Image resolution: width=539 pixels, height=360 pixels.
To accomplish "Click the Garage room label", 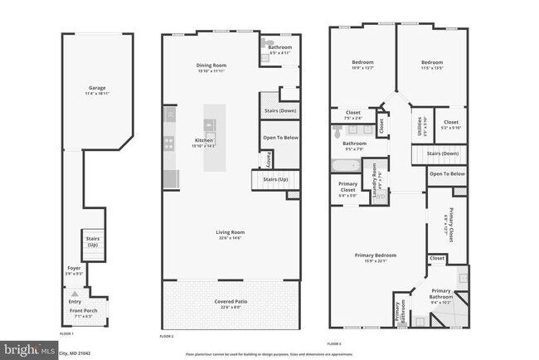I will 97,89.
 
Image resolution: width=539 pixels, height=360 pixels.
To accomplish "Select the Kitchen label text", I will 204,140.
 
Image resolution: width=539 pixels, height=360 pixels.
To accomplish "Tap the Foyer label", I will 74,268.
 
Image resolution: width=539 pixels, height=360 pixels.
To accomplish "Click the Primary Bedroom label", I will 376,255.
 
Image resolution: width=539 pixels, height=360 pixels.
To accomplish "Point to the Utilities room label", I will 419,127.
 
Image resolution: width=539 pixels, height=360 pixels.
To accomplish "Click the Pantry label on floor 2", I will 269,159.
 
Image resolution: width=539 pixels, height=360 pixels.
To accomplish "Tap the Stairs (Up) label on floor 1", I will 92,241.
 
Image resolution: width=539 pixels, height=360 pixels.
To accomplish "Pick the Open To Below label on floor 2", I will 279,137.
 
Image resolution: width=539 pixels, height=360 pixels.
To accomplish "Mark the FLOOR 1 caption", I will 66,333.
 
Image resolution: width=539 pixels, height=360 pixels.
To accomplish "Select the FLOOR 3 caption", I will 335,342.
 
